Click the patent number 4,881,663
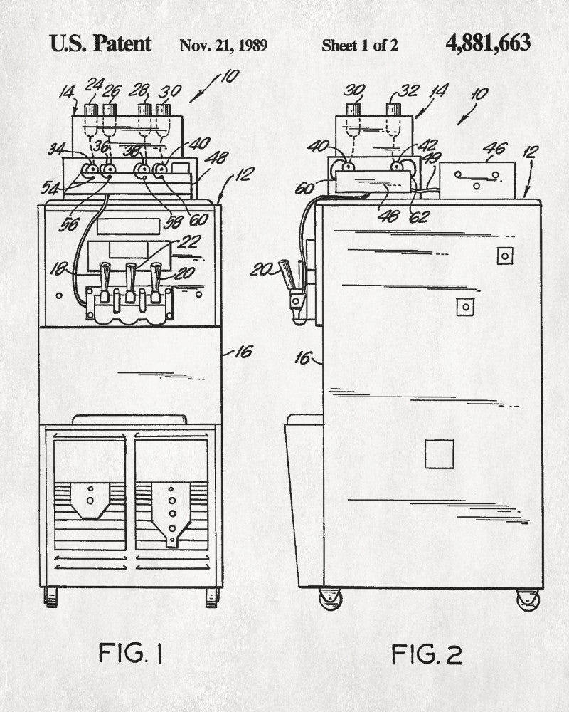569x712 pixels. click(488, 43)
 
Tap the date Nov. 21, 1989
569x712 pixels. click(223, 46)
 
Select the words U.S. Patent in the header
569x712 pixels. click(100, 43)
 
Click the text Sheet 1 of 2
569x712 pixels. click(360, 46)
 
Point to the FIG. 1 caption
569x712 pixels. click(130, 653)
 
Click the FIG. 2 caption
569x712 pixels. click(426, 653)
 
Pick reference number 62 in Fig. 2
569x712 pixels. click(420, 216)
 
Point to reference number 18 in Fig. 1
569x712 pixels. click(58, 269)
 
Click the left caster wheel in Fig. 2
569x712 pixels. click(329, 599)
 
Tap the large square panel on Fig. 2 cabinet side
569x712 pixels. click(440, 454)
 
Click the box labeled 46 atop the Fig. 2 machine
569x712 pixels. click(477, 181)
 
